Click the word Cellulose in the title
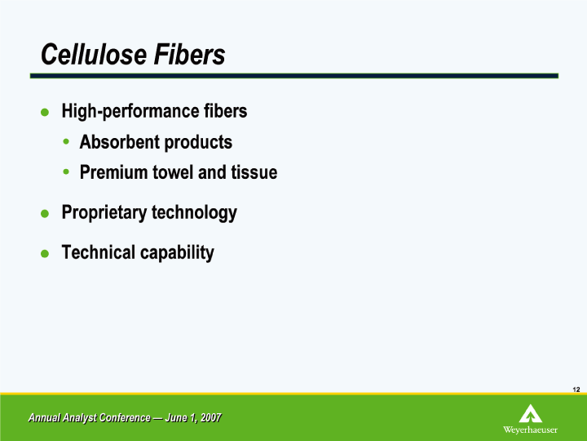[94, 55]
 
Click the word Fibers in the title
[189, 55]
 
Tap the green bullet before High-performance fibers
[45, 112]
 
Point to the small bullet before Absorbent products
[66, 141]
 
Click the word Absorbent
[120, 142]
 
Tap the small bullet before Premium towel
[66, 171]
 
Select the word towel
[174, 172]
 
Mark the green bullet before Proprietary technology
[45, 214]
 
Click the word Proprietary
[104, 212]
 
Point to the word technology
[194, 212]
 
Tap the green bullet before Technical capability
[45, 254]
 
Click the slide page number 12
[576, 390]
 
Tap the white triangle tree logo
[531, 413]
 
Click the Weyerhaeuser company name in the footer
[530, 430]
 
